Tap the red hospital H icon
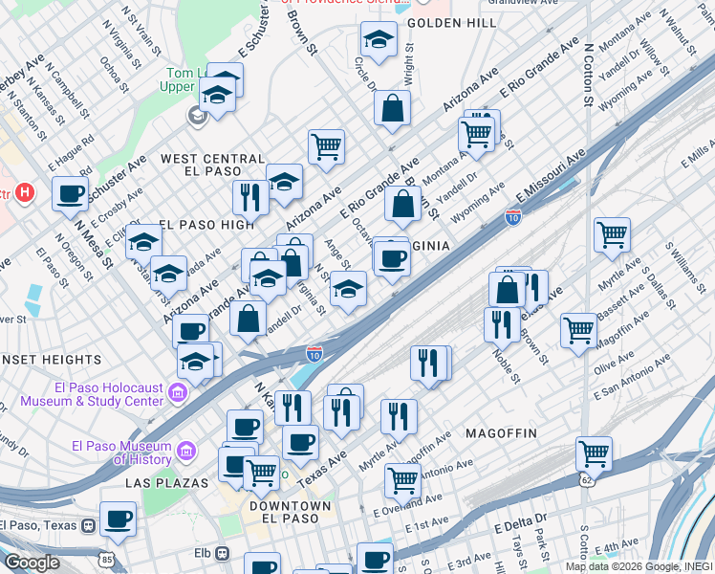click(26, 192)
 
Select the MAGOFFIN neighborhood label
click(501, 433)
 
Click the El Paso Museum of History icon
click(186, 450)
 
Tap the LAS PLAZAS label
click(166, 483)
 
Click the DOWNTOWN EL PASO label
click(290, 513)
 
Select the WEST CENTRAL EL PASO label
click(212, 166)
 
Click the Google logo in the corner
click(31, 563)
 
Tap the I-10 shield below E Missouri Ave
click(513, 217)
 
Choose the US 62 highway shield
click(585, 478)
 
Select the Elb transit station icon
click(222, 553)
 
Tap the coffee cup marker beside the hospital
click(70, 193)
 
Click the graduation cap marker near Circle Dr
click(379, 40)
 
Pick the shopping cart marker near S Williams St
click(612, 232)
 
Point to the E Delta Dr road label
click(521, 523)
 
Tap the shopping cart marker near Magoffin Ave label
click(578, 330)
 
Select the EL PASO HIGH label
click(207, 225)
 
